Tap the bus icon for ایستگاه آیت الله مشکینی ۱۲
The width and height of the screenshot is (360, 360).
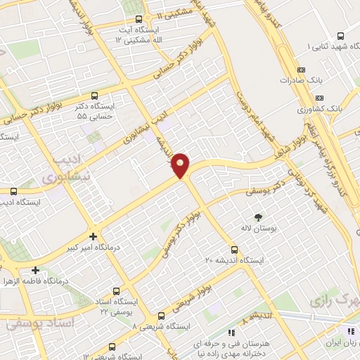tap(139, 20)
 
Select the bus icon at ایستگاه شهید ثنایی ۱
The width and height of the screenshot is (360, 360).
tap(341, 36)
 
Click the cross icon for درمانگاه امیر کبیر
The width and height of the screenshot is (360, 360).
tap(94, 236)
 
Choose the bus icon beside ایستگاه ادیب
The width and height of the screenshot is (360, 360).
tap(13, 191)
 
